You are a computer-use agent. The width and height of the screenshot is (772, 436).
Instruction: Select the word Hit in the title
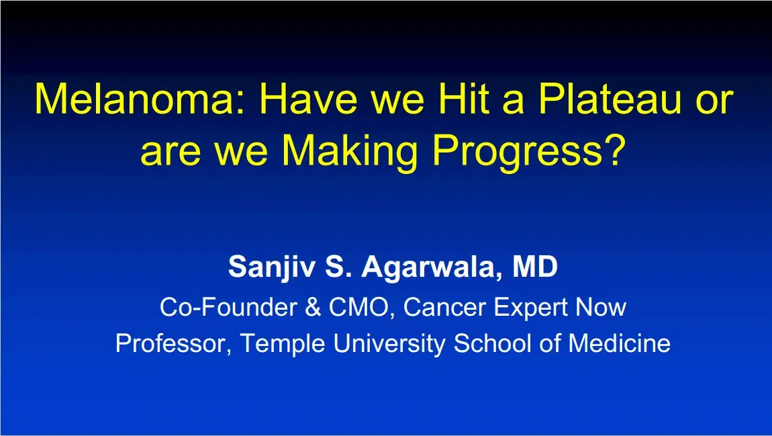click(x=469, y=99)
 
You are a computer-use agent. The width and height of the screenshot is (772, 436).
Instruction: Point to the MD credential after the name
click(x=534, y=267)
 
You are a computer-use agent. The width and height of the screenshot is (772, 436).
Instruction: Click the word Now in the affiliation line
click(x=601, y=308)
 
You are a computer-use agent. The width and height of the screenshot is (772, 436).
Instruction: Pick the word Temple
click(x=281, y=344)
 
